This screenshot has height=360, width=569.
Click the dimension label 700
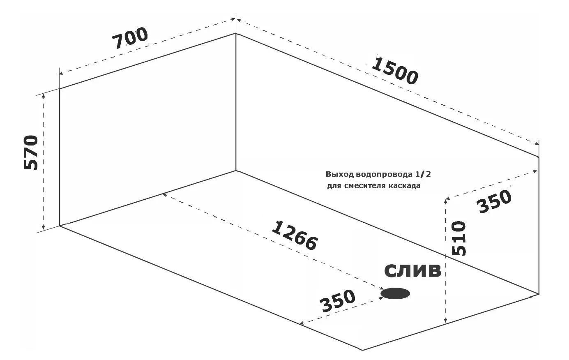point(130,38)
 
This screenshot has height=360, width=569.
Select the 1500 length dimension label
point(394,71)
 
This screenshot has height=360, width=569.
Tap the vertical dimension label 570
point(31,152)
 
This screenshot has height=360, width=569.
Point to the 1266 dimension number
point(295,235)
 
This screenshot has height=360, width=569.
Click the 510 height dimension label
point(459,238)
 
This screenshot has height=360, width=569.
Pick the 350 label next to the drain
point(338,301)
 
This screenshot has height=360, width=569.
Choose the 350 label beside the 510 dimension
point(494,202)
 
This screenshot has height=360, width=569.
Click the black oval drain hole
point(395,293)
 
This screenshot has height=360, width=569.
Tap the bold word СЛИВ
point(413,271)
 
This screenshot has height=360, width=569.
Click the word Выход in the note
point(340,174)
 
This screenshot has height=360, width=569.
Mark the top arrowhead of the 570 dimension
point(44,96)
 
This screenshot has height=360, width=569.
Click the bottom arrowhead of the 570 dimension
point(44,227)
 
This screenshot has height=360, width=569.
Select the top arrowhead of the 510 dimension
point(445,202)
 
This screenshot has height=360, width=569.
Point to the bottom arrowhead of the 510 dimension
point(445,321)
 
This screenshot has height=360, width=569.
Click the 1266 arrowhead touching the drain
point(381,288)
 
